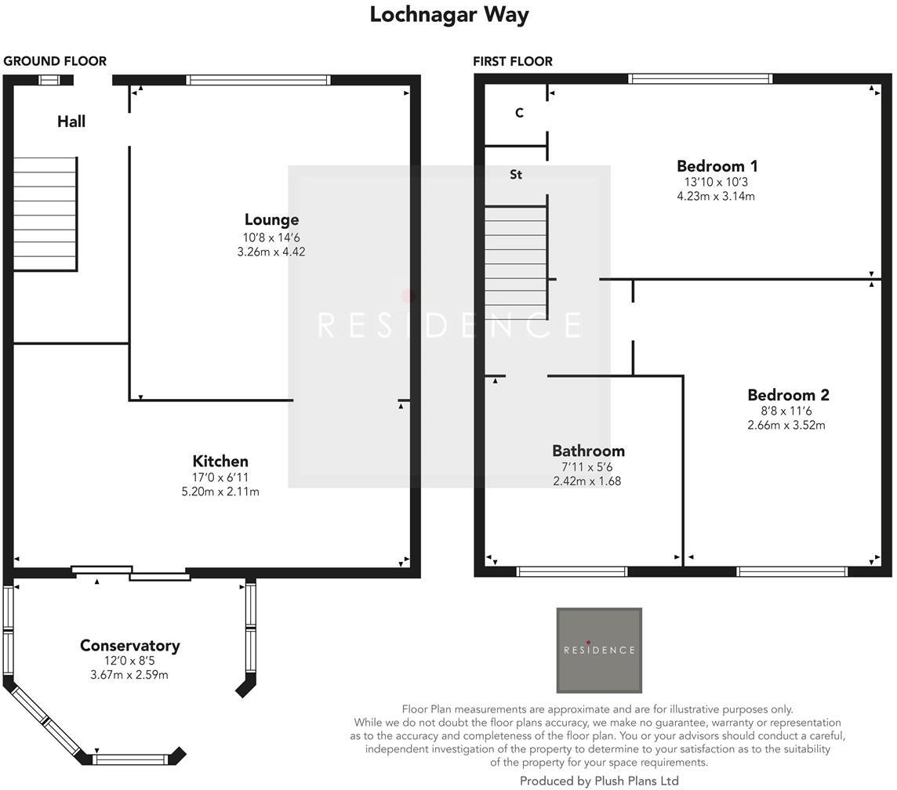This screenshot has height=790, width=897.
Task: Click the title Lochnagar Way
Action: [x=449, y=15]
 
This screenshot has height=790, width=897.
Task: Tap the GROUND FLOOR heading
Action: [x=55, y=61]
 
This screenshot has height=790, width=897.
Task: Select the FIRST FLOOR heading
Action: [x=513, y=61]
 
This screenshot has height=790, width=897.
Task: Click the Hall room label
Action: [x=71, y=121]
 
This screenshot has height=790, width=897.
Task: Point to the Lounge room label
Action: [x=271, y=220]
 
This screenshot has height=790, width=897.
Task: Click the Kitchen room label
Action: [x=220, y=462]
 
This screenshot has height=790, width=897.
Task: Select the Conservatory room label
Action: [x=129, y=646]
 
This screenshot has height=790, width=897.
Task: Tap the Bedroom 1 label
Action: [x=717, y=166]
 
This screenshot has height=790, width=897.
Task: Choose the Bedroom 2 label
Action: [x=787, y=395]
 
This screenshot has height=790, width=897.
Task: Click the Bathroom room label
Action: [x=588, y=451]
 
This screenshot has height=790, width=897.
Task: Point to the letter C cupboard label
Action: [x=519, y=113]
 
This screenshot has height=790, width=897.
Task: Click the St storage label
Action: [x=516, y=175]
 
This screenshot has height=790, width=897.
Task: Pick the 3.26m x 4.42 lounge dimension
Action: [x=271, y=252]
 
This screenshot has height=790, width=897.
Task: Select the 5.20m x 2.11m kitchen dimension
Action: [x=220, y=492]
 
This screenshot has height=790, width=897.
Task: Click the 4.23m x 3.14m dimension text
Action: [x=716, y=197]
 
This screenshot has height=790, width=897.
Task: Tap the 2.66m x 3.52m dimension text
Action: [x=786, y=426]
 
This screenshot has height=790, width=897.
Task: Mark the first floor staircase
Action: [x=516, y=259]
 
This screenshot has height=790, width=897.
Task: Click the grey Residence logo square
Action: [x=599, y=650]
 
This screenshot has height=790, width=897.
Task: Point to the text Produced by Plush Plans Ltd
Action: [x=599, y=781]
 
